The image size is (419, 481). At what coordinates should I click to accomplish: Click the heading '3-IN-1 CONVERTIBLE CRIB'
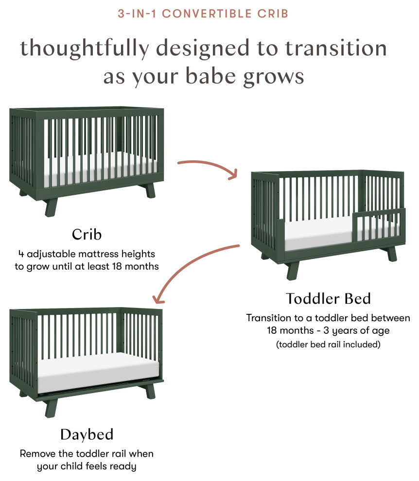pos(203,13)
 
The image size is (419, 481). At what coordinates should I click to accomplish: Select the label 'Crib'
pos(87,234)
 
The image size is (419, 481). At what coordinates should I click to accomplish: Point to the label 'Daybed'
pos(87,434)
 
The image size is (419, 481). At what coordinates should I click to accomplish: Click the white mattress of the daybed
pos(97,372)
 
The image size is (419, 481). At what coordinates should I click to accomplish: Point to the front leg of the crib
pos(51,206)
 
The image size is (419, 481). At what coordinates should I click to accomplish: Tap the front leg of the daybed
pos(51,407)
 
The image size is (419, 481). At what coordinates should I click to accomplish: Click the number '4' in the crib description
pos(21,254)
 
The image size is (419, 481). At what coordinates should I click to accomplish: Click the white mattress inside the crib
pos(97,168)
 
